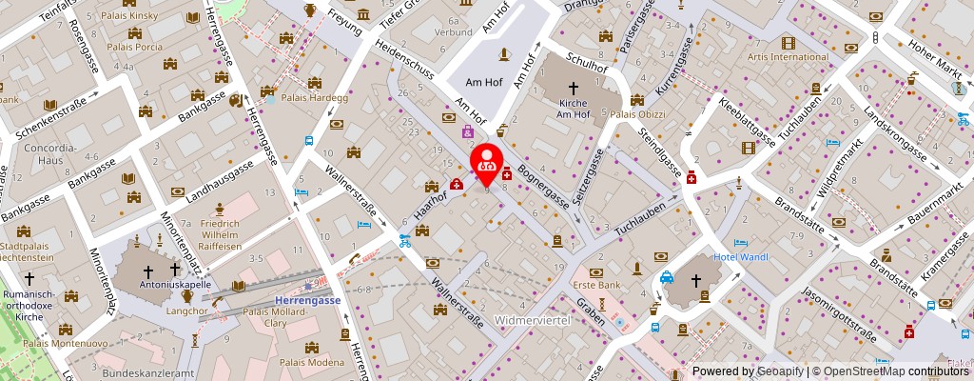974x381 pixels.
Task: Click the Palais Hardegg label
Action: [301, 96]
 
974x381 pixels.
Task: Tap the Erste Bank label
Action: [596, 285]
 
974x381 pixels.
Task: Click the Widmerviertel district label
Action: [532, 320]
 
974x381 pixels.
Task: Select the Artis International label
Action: [789, 56]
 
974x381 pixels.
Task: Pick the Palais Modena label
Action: [312, 363]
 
